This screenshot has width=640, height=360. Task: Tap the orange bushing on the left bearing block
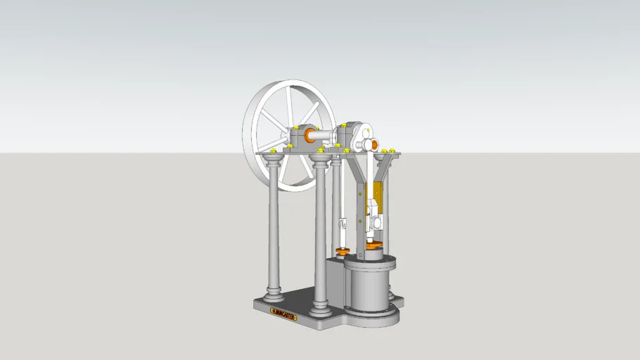(308, 134)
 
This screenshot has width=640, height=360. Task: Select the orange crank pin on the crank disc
(373, 144)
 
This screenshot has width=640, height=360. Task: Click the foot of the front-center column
(321, 307)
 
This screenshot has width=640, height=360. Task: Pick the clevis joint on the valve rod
(343, 224)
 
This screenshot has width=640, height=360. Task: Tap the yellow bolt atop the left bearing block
(298, 127)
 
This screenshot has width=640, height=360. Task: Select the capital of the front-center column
(321, 162)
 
